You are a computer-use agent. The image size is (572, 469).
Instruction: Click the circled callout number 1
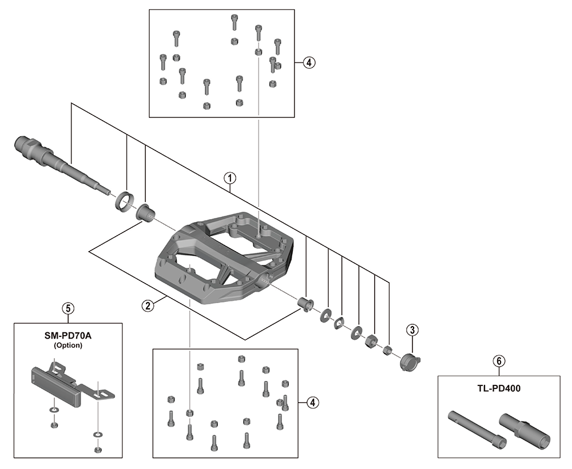tap(230, 178)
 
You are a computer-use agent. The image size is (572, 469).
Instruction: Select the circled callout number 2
tap(148, 305)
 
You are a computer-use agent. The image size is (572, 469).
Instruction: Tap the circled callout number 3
tap(412, 330)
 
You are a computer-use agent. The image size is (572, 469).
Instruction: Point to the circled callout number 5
tap(68, 308)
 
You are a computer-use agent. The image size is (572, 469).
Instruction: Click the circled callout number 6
tap(499, 361)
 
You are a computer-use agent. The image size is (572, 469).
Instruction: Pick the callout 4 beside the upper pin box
tap(309, 62)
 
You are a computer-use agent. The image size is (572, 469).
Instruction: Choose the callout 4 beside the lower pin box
tap(313, 403)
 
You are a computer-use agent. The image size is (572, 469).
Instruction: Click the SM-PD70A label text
tap(68, 336)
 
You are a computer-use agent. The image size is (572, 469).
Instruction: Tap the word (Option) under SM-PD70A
tap(68, 345)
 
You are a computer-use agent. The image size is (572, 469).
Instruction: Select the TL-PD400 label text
tap(499, 388)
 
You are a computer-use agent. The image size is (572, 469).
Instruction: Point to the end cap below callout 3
tap(410, 362)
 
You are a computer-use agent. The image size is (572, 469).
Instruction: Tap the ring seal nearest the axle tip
tap(124, 201)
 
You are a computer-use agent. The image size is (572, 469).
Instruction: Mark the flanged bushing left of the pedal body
tap(145, 212)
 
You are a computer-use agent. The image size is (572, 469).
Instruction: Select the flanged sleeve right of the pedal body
tap(305, 304)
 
